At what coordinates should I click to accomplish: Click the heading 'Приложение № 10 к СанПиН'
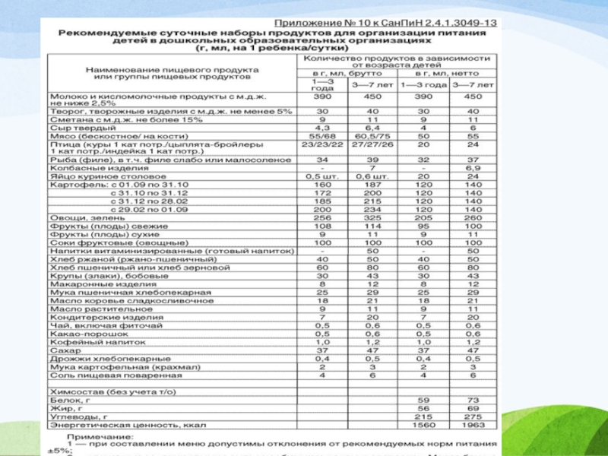tap(385, 23)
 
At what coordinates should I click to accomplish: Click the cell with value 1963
tap(473, 426)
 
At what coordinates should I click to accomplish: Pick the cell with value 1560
tap(423, 426)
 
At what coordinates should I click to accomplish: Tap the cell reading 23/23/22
tap(323, 144)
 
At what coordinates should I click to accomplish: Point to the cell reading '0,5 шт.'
tap(323, 176)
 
